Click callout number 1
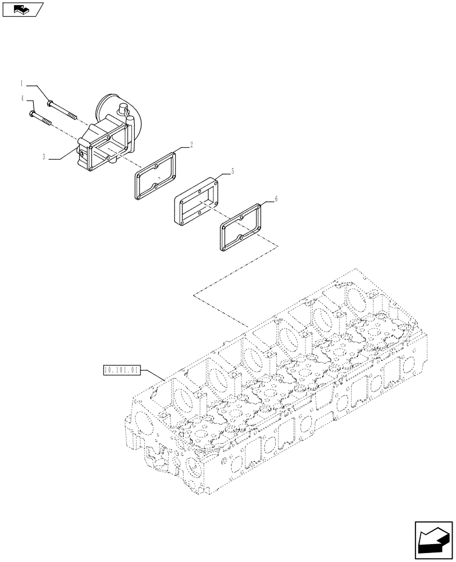point(22,84)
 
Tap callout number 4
point(22,98)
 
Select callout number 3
point(44,157)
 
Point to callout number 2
point(191,145)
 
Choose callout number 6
point(276,199)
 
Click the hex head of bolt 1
point(51,103)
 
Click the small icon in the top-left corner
point(23,9)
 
